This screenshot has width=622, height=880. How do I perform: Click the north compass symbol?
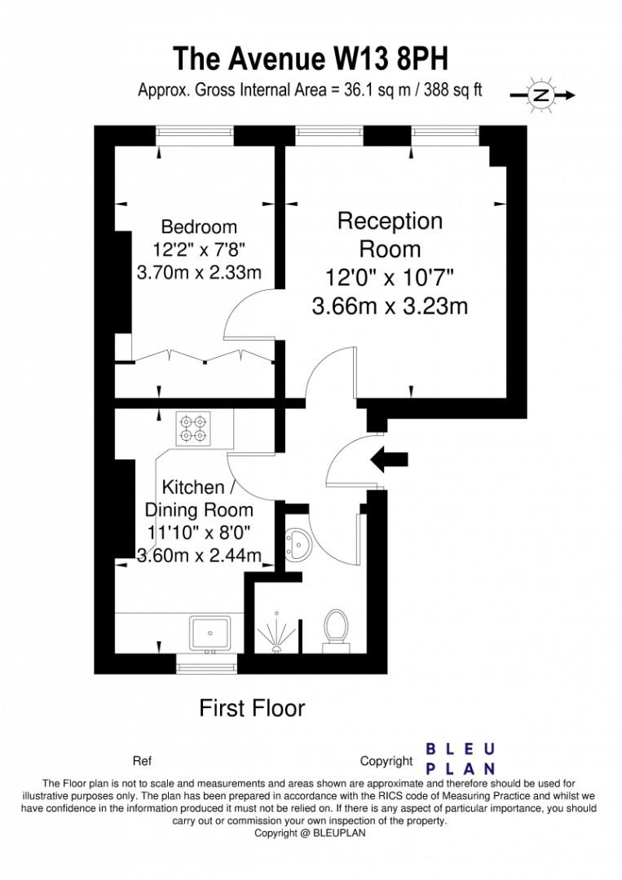click(540, 95)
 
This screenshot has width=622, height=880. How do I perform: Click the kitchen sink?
click(210, 631)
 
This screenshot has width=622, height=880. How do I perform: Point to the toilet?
click(336, 629)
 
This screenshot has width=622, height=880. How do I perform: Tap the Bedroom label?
click(199, 227)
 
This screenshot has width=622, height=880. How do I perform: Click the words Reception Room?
click(390, 235)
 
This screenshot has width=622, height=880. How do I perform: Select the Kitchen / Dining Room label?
click(198, 499)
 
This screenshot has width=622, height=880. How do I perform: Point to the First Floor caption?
click(252, 708)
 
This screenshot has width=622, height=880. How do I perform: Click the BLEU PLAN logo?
click(461, 758)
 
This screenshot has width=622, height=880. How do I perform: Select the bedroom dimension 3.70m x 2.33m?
click(199, 272)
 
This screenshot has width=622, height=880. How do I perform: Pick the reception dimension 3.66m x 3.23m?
click(390, 306)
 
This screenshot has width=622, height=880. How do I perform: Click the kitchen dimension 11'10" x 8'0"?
click(198, 534)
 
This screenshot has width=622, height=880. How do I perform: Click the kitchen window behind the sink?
click(207, 667)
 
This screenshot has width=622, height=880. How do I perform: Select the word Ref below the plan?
click(142, 762)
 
